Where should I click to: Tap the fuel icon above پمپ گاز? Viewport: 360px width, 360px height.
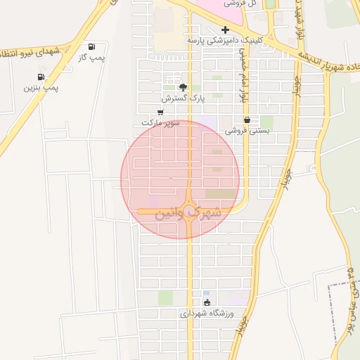pos(92,47)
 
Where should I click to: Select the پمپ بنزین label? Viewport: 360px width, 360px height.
pos(41,88)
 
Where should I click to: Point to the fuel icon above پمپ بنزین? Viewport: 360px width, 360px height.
pos(40,77)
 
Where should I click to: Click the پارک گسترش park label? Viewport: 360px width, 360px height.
pos(184,99)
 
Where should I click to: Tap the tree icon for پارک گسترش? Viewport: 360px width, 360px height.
pos(184,88)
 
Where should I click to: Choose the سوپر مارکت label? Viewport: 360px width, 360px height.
pos(161,123)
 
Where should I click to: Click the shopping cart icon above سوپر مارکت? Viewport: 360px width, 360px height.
pos(161,112)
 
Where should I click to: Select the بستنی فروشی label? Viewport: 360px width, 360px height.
pos(247,131)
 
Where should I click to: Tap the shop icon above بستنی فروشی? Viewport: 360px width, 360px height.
pos(247,120)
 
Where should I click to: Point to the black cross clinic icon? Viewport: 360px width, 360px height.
pos(225,30)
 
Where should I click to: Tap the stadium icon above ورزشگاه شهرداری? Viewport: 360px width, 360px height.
pos(206,303)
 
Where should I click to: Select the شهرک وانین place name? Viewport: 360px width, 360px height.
pos(185,211)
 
